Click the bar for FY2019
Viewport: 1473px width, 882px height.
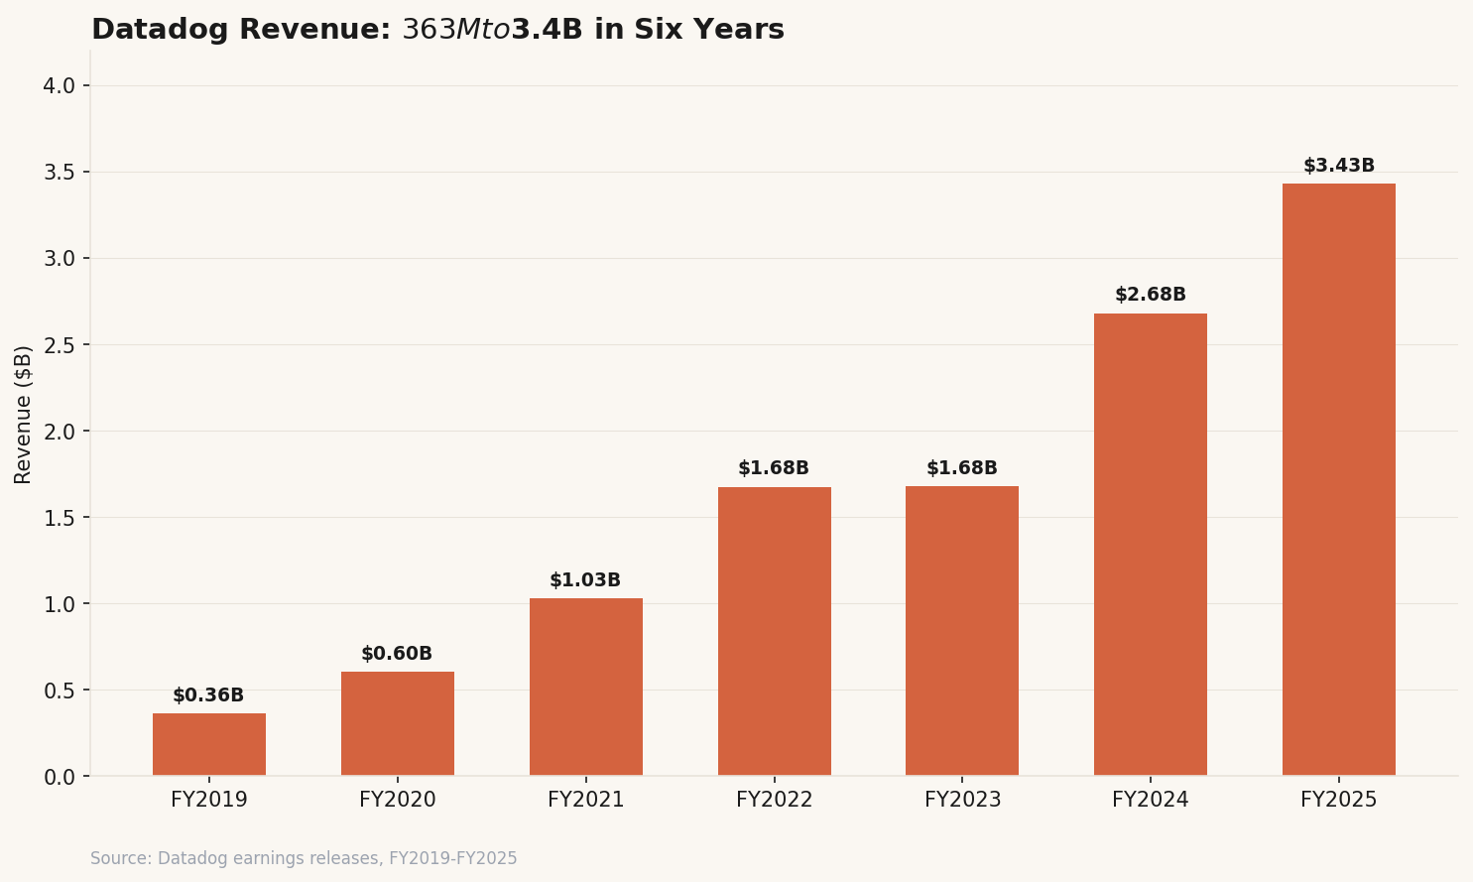coord(209,744)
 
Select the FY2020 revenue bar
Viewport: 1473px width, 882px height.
coord(398,723)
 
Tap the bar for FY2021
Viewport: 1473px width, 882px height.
coord(586,687)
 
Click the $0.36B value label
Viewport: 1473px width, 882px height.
coord(208,695)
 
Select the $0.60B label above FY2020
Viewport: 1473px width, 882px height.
coord(397,654)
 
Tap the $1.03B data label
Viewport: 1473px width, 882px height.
coord(585,580)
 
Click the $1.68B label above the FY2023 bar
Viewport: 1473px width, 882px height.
coord(962,468)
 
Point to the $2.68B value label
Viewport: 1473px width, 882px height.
coord(1151,295)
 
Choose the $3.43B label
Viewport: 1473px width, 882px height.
coord(1339,166)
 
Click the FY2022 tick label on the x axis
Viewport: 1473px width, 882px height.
coord(775,800)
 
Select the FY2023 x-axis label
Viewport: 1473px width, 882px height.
coord(963,800)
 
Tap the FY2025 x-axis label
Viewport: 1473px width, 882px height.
coord(1339,800)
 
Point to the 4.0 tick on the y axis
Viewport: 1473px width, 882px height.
coord(60,86)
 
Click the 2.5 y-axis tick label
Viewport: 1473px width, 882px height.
coord(60,345)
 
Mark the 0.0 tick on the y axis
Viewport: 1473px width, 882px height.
coord(60,777)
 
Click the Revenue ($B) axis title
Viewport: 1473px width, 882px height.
coord(24,415)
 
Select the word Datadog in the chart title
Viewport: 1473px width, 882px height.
coord(161,30)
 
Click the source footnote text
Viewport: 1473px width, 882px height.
coord(304,858)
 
